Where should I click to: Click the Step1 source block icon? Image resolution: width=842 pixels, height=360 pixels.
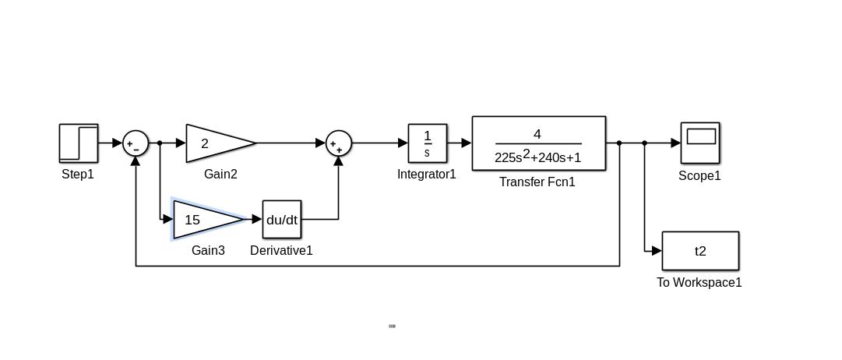tap(79, 143)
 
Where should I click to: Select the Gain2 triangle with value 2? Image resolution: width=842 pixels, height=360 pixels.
tap(214, 143)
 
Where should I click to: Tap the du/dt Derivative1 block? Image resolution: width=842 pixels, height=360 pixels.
tap(282, 220)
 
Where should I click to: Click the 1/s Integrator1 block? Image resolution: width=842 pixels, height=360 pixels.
tap(428, 143)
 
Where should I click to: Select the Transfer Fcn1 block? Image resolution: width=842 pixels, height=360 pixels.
tap(538, 143)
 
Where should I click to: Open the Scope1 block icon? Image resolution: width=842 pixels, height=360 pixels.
tap(700, 142)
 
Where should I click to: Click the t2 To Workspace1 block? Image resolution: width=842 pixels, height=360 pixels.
tap(700, 251)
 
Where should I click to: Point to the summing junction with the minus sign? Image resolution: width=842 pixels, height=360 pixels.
tap(136, 143)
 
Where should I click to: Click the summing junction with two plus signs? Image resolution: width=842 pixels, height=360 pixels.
tap(339, 143)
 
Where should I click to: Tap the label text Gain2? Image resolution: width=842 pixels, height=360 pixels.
tap(220, 175)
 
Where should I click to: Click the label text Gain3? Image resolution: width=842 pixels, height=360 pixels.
tap(208, 251)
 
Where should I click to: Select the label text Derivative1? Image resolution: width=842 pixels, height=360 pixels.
tap(281, 251)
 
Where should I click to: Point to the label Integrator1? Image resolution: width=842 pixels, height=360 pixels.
tap(427, 175)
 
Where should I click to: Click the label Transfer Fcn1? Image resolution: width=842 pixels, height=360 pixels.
tap(537, 182)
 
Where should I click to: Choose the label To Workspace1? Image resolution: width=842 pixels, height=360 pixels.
tap(699, 283)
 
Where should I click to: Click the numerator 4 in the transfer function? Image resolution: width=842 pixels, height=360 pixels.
tap(537, 134)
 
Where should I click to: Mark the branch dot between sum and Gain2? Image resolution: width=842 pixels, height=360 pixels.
tap(160, 143)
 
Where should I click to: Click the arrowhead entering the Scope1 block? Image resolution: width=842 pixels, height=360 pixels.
tap(675, 143)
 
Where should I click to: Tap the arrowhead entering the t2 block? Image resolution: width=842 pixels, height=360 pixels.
tap(657, 251)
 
